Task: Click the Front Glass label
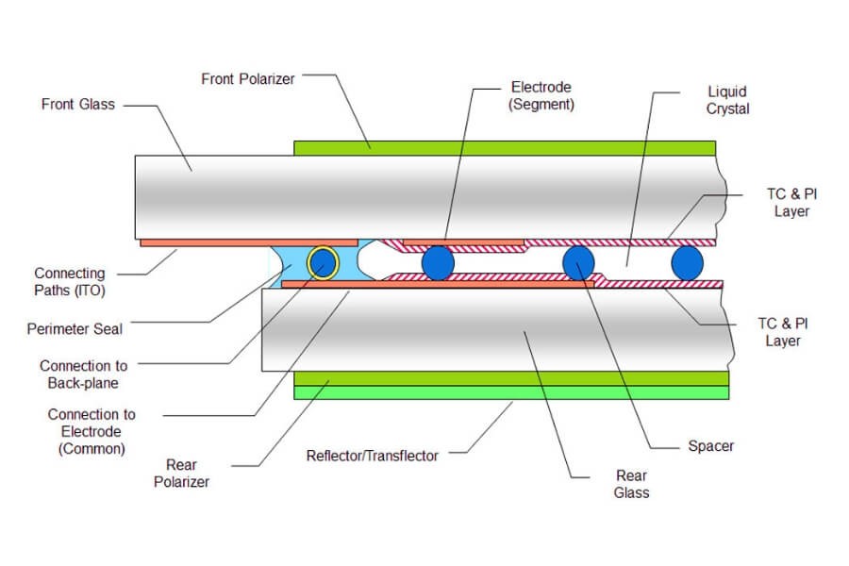tap(77, 104)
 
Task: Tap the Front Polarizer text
tap(248, 79)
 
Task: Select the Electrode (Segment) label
tap(541, 96)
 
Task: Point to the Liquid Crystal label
tap(727, 100)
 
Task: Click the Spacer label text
tap(710, 445)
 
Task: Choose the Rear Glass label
tap(631, 484)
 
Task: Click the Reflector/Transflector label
tap(373, 456)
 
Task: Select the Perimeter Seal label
tap(75, 329)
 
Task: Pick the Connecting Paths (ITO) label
tap(71, 281)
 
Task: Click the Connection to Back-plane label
tap(83, 374)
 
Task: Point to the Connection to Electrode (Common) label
tap(92, 431)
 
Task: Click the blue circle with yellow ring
tap(323, 262)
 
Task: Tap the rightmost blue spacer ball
tap(688, 262)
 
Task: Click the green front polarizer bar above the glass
tap(505, 147)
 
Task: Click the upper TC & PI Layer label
tap(791, 203)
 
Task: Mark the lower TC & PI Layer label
tap(782, 332)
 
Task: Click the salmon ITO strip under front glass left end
tap(208, 242)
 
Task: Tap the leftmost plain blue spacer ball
tap(438, 262)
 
